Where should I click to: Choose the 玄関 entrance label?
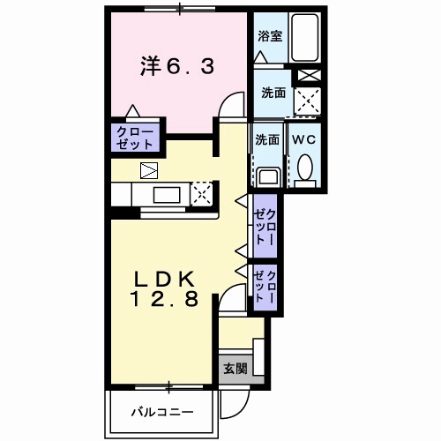(234, 369)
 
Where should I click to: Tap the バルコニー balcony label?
(161, 411)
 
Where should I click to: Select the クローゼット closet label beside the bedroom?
(135, 138)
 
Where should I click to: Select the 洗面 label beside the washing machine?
(272, 92)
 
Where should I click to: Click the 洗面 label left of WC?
(267, 139)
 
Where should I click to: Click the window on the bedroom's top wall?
(180, 11)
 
